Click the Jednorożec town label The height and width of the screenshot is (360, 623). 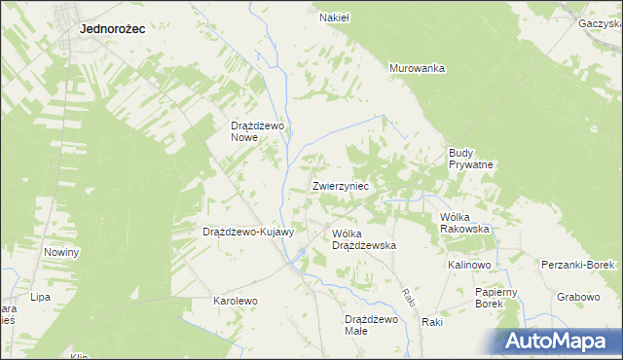point(112,29)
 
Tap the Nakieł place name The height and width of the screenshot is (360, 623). point(335,17)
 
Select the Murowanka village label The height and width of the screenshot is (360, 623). point(417,68)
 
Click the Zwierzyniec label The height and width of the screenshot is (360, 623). point(340,185)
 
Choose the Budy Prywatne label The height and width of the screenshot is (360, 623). point(472,159)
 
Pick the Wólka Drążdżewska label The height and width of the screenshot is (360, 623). point(364,240)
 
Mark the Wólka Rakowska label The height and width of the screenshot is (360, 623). point(464,223)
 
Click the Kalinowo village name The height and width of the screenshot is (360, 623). point(469,265)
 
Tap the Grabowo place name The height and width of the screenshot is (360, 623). point(579,297)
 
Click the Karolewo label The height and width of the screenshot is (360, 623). point(236,301)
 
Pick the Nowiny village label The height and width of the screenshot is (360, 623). point(61,252)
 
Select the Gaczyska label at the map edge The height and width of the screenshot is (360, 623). point(600,22)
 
